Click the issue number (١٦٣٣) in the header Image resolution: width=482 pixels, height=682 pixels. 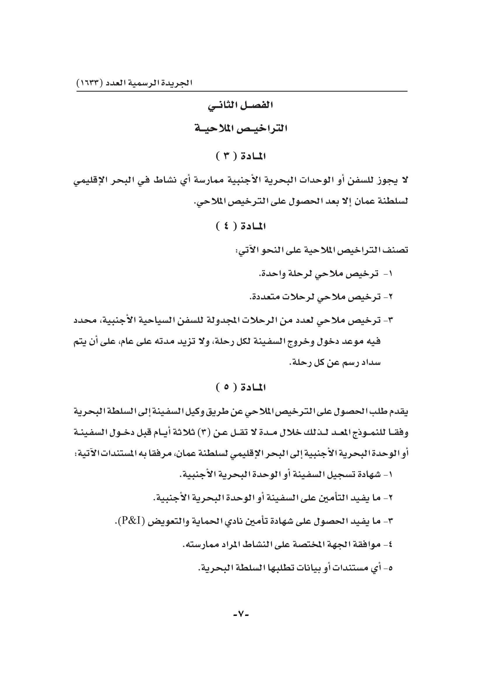click(x=88, y=82)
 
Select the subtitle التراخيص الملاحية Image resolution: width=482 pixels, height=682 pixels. click(x=241, y=129)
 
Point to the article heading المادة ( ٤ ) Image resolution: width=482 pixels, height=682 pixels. click(x=241, y=227)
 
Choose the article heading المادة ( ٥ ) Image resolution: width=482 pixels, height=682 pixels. click(x=241, y=387)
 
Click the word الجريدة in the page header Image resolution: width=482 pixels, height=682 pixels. click(x=178, y=82)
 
